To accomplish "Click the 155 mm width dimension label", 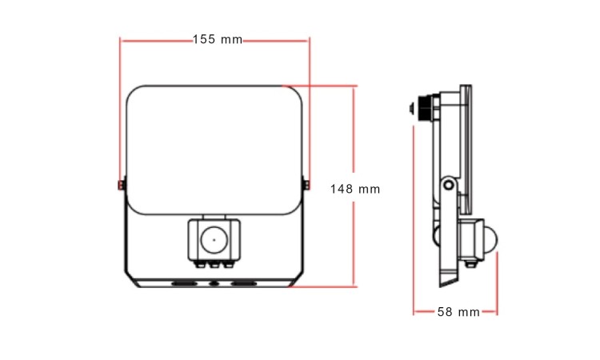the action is pos(218,39).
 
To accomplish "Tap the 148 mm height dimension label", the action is pos(355,189).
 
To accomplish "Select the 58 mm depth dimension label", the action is pos(458,312).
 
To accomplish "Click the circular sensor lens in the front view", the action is pos(214,240).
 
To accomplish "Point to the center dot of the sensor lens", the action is pos(214,240).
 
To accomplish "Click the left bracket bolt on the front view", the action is pos(121,185).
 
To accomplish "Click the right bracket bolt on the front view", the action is pos(307,185).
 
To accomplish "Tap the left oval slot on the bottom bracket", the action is pos(184,283).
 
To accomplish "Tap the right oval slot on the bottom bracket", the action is pos(243,283).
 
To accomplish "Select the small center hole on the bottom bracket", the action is pos(214,283).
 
